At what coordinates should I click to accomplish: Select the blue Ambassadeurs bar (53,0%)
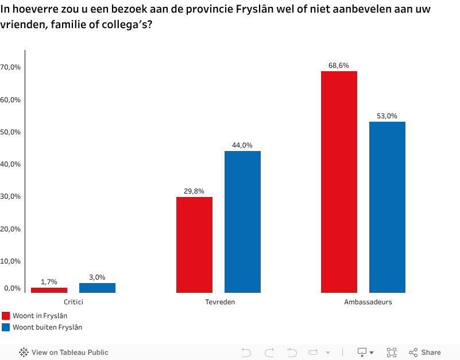point(387,207)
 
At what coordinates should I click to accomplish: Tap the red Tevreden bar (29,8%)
point(194,245)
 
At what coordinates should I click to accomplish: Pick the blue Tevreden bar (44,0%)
point(242,222)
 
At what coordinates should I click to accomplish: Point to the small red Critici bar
point(49,290)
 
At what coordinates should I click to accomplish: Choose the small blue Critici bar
point(97,288)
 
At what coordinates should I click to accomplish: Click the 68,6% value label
point(339,65)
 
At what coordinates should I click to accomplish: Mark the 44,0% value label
point(242,145)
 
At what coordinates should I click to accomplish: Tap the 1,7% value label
point(49,282)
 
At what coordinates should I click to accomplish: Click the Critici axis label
point(73,302)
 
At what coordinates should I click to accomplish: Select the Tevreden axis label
point(218,302)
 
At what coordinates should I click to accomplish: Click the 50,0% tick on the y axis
point(11,132)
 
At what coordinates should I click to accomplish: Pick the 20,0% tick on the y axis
point(11,229)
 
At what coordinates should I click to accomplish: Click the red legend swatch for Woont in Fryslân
point(6,315)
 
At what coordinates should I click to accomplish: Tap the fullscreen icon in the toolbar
point(392,352)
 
